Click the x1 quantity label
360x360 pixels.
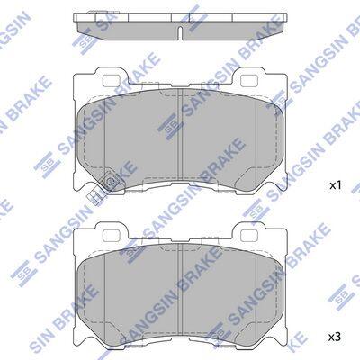click(x=336, y=185)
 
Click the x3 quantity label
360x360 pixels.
click(x=336, y=337)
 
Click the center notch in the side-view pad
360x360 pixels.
click(x=181, y=33)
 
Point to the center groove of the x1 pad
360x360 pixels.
click(x=181, y=134)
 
